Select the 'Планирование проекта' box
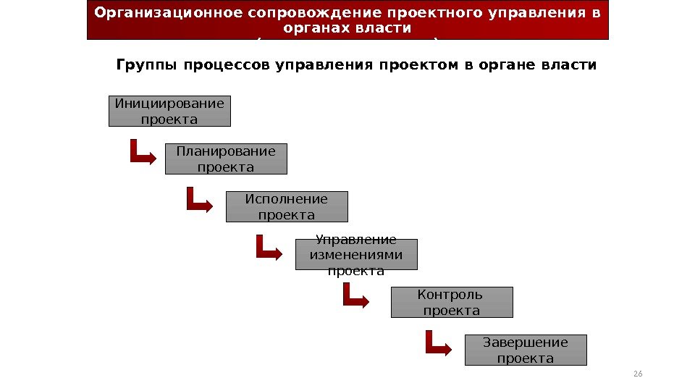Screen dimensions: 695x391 (x=226, y=159)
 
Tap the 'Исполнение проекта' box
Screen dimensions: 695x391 (x=287, y=206)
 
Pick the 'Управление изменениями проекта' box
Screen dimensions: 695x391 (x=356, y=255)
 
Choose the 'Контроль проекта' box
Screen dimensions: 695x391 (x=452, y=303)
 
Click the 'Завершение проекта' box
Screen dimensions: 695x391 (x=526, y=350)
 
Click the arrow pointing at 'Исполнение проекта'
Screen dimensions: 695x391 (x=199, y=200)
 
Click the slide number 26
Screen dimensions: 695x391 (x=638, y=374)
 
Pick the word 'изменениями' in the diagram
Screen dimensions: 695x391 (x=356, y=255)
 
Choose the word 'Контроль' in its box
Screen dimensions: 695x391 (x=450, y=295)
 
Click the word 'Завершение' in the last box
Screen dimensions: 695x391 (x=526, y=342)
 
